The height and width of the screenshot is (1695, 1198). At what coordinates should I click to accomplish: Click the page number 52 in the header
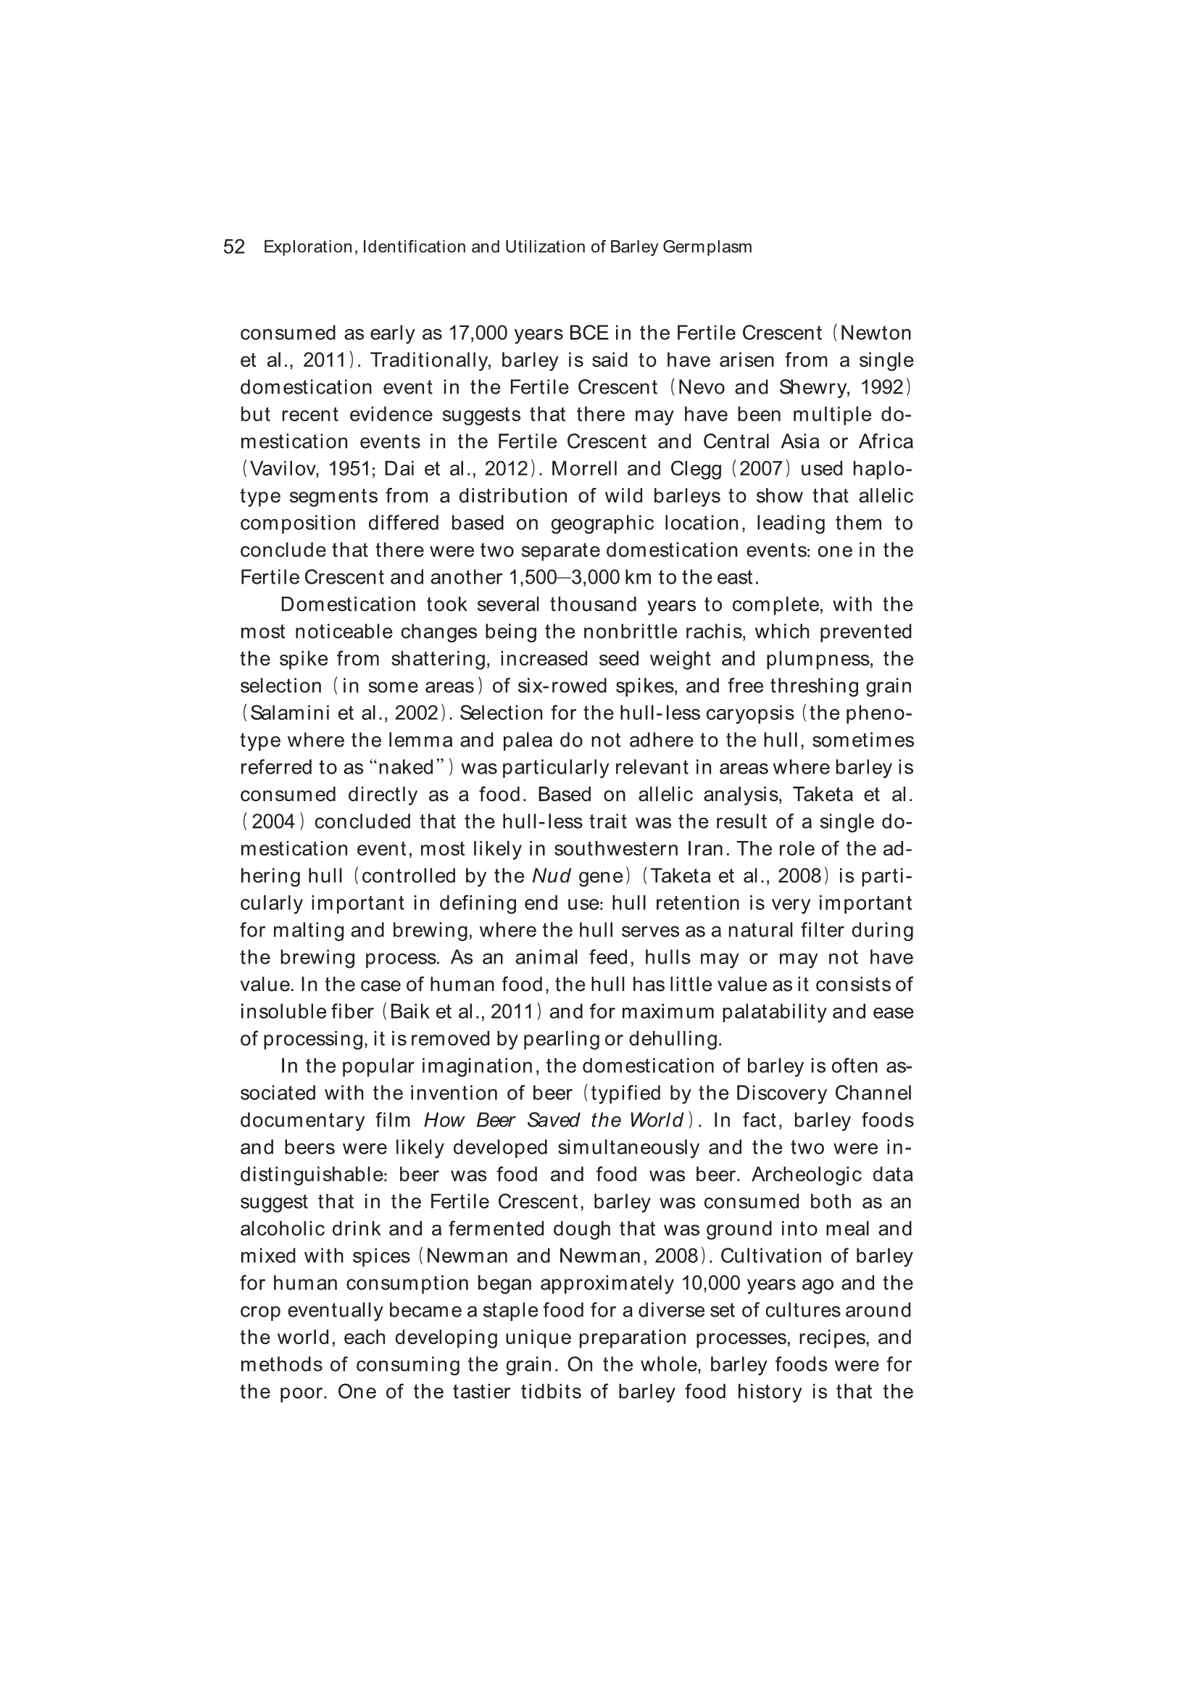point(233,247)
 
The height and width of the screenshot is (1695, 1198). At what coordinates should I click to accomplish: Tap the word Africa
point(886,442)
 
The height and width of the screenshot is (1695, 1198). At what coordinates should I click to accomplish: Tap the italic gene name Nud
point(552,876)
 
